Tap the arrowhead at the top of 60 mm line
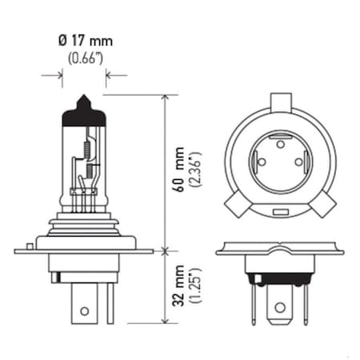tap(166, 98)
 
